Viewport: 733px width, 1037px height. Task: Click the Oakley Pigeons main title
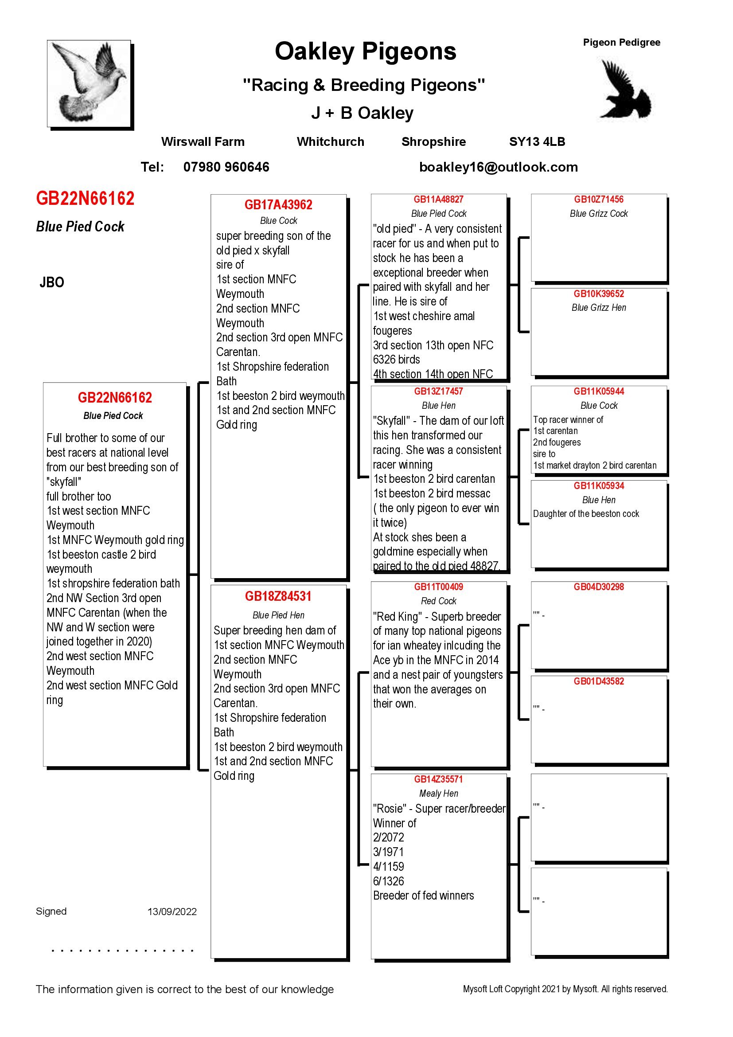point(366,51)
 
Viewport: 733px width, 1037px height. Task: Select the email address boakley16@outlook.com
point(498,167)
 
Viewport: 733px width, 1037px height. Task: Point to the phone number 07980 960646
point(226,167)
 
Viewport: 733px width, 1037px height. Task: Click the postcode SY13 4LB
point(537,142)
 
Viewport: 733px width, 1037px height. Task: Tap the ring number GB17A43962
point(278,205)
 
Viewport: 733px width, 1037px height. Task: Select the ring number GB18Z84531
point(278,597)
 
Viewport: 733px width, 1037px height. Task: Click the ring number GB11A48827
point(439,200)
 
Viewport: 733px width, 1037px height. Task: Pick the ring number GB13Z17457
point(439,391)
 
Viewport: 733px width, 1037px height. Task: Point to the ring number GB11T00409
point(439,587)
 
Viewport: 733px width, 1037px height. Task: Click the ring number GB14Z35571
point(439,779)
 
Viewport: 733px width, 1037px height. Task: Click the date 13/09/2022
point(172,912)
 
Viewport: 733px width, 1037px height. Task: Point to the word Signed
point(51,911)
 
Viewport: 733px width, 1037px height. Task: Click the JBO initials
point(51,283)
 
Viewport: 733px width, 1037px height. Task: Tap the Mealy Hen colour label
point(439,794)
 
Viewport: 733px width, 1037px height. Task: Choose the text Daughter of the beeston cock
point(586,514)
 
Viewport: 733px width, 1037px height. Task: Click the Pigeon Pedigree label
point(621,43)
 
